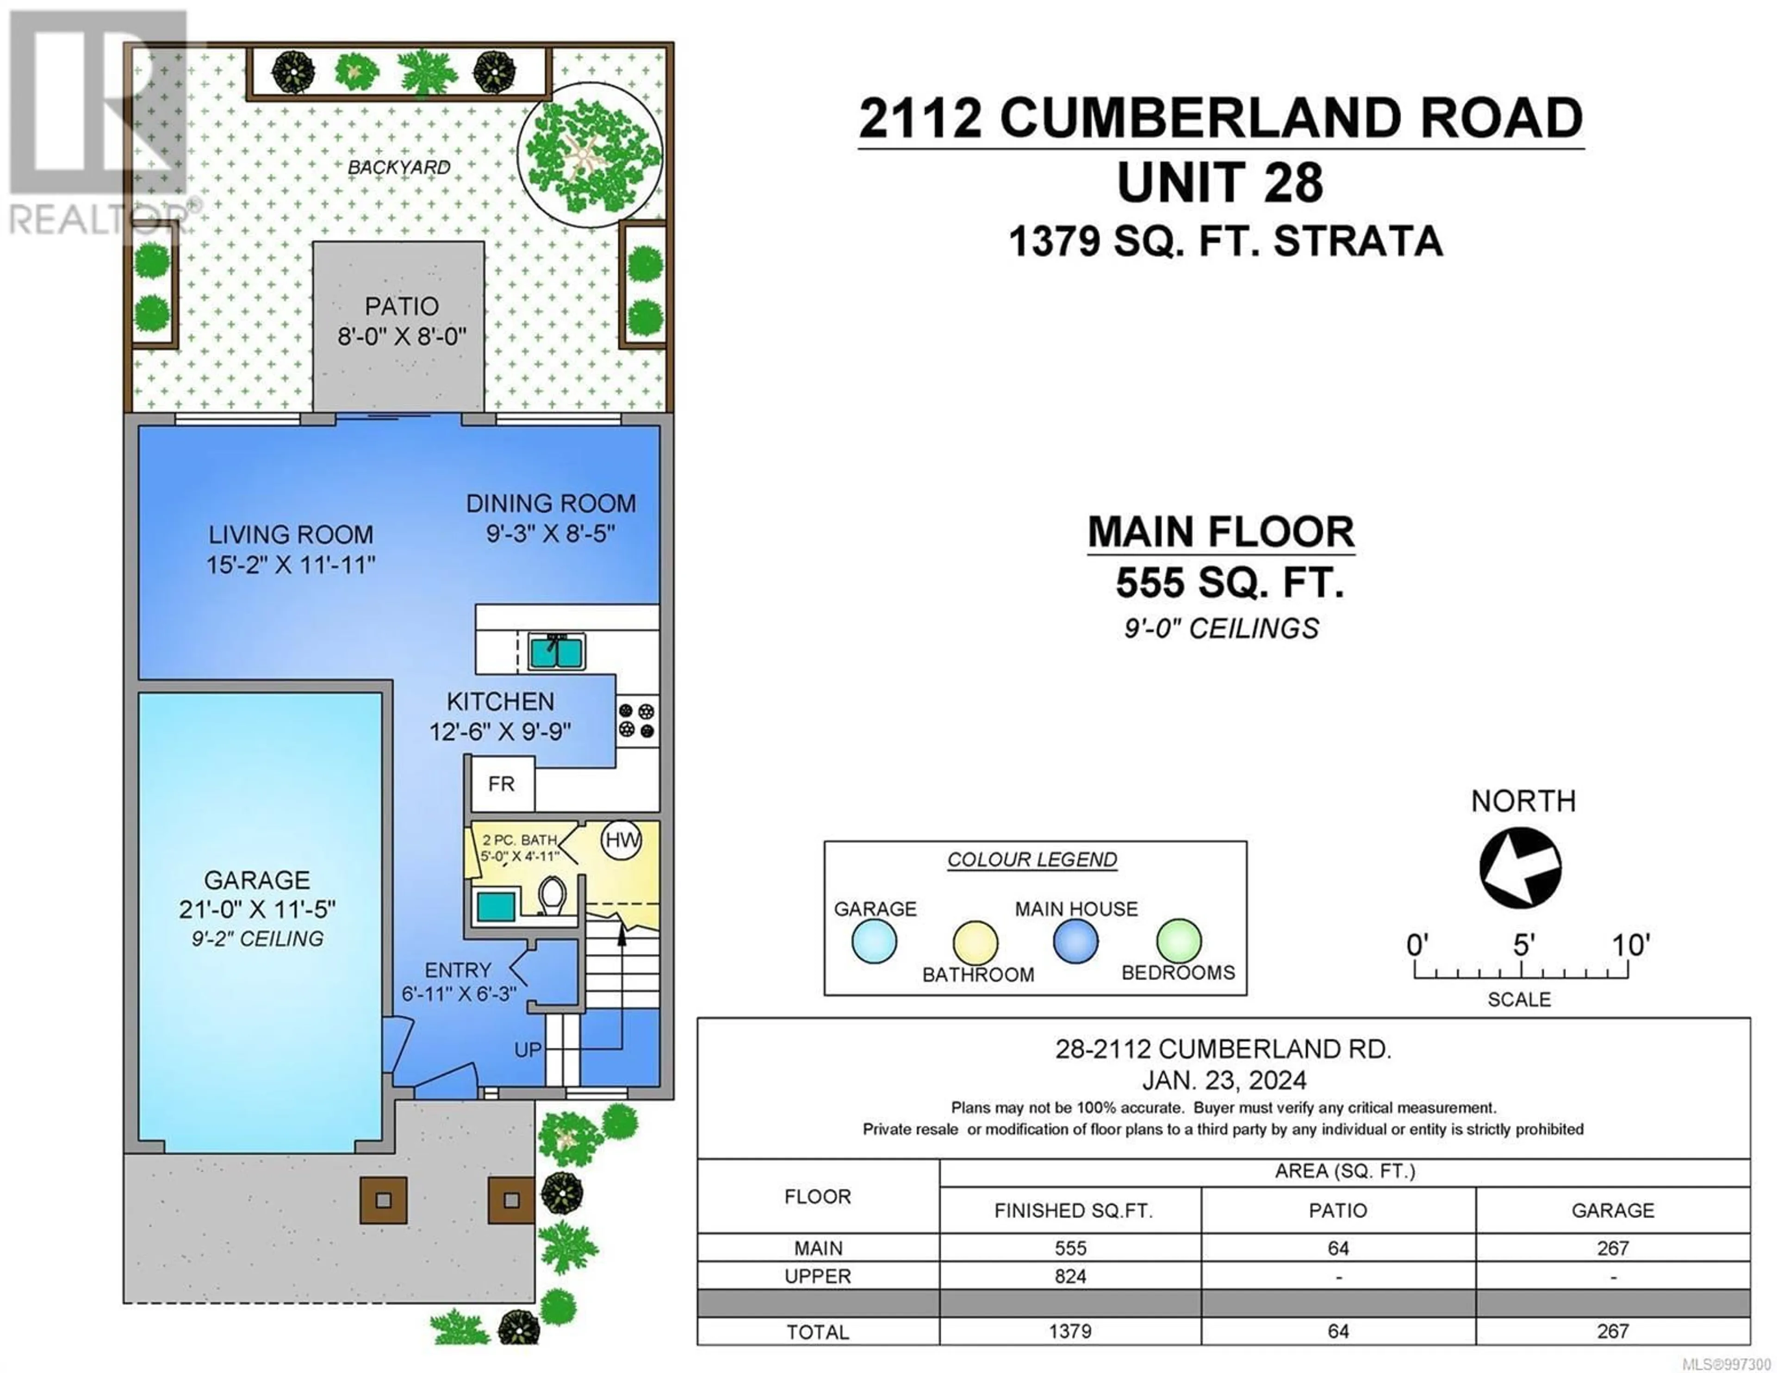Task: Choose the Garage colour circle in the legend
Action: [x=875, y=942]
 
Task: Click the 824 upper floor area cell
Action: [x=1070, y=1276]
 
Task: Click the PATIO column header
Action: [x=1338, y=1210]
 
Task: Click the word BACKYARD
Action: [x=399, y=167]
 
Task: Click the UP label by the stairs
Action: [x=527, y=1050]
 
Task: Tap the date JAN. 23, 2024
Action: [x=1224, y=1080]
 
